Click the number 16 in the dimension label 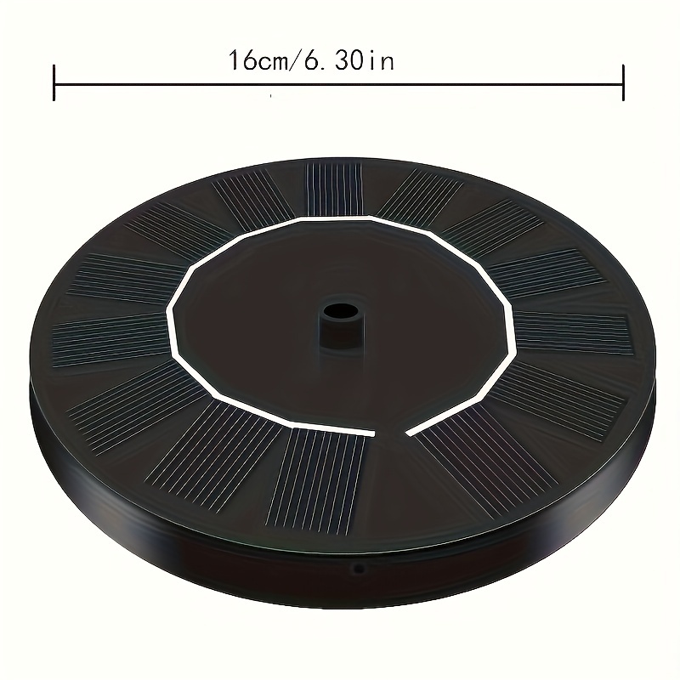coord(240,61)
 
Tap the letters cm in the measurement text coord(275,61)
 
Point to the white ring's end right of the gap coord(411,433)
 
